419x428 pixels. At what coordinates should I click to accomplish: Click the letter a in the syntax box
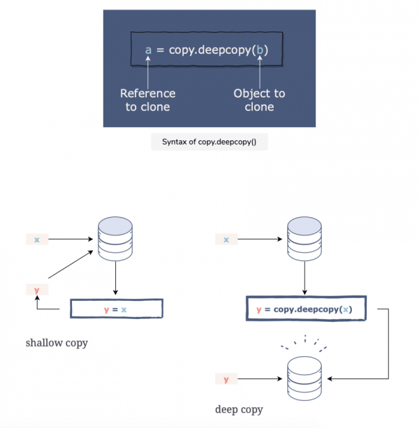[x=148, y=50]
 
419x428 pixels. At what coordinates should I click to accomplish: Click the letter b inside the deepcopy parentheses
[x=260, y=50]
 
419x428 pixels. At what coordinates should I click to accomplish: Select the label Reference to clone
[x=147, y=100]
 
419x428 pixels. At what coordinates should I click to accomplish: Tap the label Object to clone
[x=260, y=100]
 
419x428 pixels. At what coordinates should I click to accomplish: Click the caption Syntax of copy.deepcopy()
[x=209, y=142]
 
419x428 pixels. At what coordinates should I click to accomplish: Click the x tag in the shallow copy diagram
[x=37, y=239]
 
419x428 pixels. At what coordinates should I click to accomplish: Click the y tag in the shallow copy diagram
[x=37, y=288]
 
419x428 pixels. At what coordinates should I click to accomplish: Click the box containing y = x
[x=116, y=309]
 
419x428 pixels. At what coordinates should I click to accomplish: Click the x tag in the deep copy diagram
[x=226, y=239]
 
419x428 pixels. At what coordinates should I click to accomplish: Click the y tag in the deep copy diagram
[x=226, y=379]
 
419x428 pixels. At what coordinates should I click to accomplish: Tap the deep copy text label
[x=239, y=409]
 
